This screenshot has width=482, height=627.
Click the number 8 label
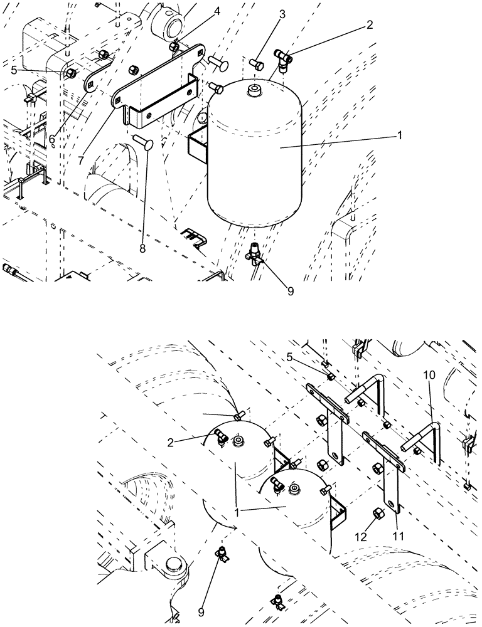coord(142,249)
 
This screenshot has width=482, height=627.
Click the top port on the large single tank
coord(254,92)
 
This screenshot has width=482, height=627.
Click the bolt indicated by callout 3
coord(257,64)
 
